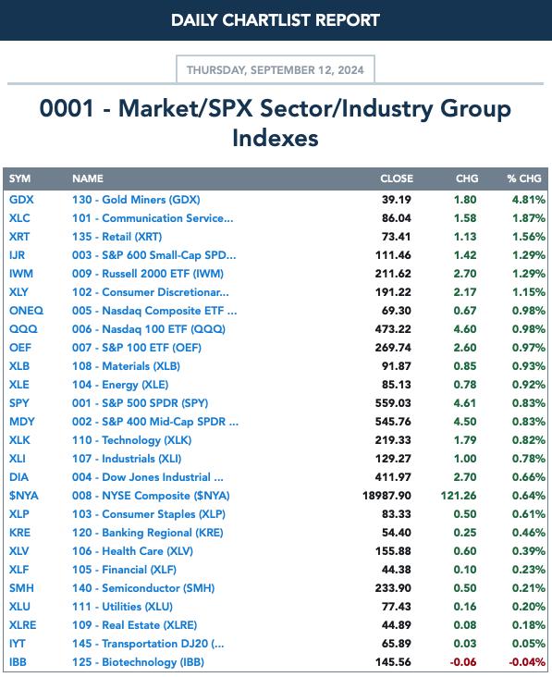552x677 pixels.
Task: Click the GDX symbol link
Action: (x=21, y=200)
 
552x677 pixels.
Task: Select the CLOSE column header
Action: (x=397, y=178)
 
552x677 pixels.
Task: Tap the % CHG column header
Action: (x=524, y=178)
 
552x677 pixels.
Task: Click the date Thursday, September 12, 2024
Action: (x=276, y=70)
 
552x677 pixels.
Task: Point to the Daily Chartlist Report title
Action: (x=276, y=20)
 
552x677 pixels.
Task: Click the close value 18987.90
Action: (x=386, y=496)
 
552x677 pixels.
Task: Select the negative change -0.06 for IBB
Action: (x=463, y=662)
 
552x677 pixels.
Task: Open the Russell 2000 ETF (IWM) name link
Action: (x=148, y=274)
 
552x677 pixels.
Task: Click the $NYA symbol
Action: (x=24, y=496)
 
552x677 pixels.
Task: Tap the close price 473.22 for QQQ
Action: (x=393, y=329)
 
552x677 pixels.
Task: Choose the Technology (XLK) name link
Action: (x=131, y=440)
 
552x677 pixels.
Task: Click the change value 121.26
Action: (x=459, y=496)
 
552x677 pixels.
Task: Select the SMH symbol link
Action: (x=21, y=588)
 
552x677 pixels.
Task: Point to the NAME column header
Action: (x=88, y=178)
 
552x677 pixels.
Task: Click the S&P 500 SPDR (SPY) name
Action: (x=140, y=403)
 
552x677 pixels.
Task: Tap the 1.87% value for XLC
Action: (x=529, y=218)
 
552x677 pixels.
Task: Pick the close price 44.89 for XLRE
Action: (x=396, y=625)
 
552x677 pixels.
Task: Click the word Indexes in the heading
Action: (x=276, y=138)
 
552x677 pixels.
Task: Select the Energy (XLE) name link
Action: (x=120, y=385)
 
